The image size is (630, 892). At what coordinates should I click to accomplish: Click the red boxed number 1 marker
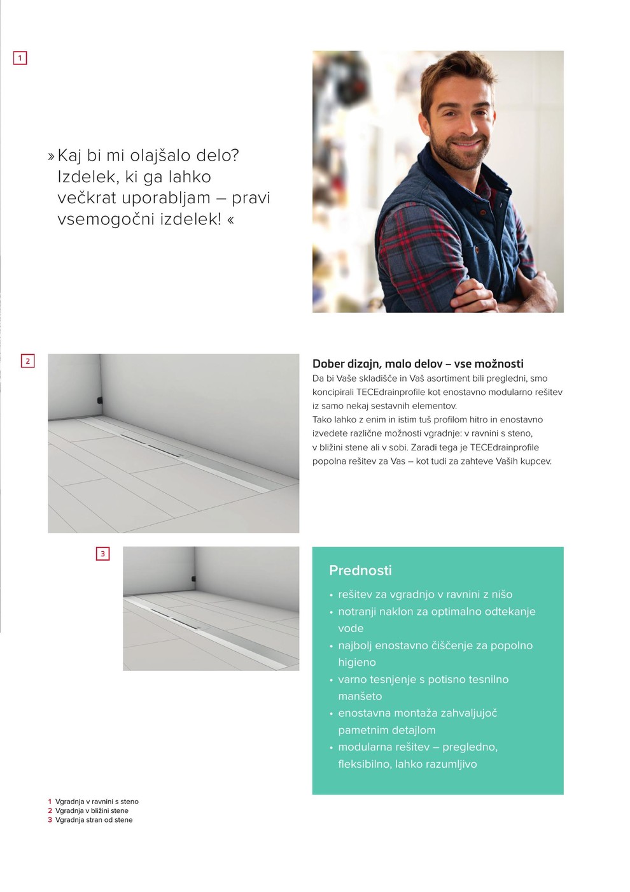20,58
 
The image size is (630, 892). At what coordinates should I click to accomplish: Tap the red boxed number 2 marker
27,361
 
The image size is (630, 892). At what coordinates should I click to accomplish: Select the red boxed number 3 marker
102,554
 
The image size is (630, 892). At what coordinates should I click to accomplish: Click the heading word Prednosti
360,570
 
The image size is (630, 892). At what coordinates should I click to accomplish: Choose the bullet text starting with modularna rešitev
417,747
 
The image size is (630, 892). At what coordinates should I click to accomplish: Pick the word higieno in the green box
357,662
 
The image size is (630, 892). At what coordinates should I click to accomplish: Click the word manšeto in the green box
360,696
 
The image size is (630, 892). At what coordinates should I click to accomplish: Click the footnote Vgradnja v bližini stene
92,811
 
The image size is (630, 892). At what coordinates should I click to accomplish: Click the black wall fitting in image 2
99,401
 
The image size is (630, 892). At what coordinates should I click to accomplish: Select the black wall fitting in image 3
193,579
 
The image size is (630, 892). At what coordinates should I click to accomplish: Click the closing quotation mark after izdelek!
230,220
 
